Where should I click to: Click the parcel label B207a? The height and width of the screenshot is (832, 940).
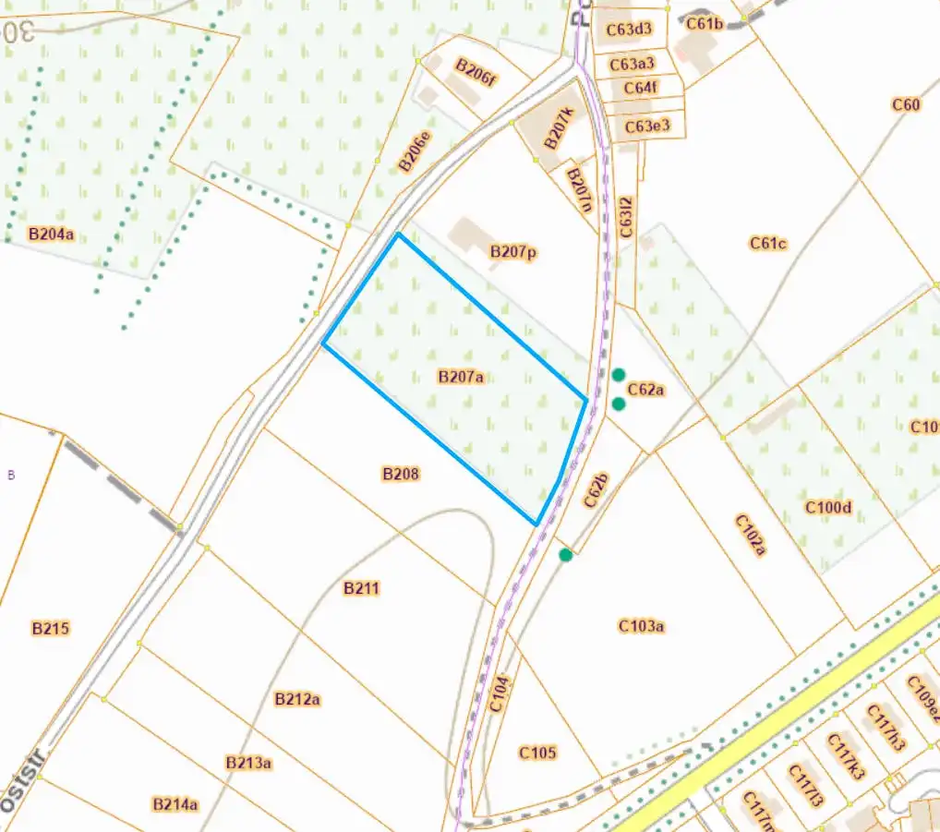[x=461, y=377]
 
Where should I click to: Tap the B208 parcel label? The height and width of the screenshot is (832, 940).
[x=401, y=474]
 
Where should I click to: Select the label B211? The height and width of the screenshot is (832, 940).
[x=361, y=588]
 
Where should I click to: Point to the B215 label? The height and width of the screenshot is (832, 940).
[x=51, y=629]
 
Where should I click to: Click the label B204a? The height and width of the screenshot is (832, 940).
[x=51, y=235]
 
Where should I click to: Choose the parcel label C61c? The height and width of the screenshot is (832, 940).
[x=767, y=244]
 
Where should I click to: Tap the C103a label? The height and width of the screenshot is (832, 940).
[x=642, y=626]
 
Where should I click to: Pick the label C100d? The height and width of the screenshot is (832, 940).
[x=827, y=507]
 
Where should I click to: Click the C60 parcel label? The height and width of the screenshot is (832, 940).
[x=906, y=104]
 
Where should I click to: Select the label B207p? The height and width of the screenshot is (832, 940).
[x=513, y=251]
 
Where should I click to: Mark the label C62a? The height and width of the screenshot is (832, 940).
[x=646, y=390]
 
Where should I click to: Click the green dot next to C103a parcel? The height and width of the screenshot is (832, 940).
[x=566, y=555]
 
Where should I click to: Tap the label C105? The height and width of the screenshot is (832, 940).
[x=537, y=753]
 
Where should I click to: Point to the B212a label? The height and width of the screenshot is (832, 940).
[x=297, y=699]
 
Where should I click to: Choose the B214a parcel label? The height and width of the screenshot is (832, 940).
[x=175, y=804]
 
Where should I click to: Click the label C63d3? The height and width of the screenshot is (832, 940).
[x=630, y=30]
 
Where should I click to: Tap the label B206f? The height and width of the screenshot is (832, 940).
[x=476, y=72]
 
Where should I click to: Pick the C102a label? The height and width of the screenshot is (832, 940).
[x=751, y=535]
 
